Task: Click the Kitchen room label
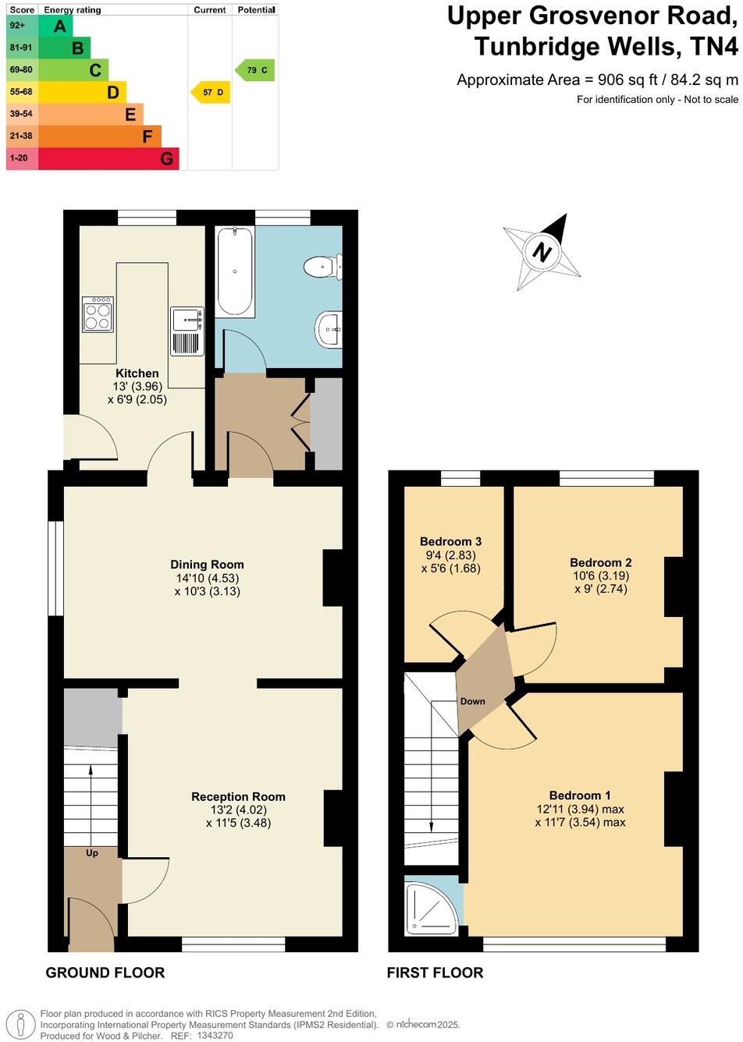(137, 374)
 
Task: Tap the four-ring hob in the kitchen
(98, 314)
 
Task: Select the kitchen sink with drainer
(187, 331)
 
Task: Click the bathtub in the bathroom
(235, 271)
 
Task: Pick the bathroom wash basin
(329, 329)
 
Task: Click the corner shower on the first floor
(432, 906)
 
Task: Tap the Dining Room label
(207, 565)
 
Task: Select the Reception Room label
(238, 797)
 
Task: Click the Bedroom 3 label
(450, 542)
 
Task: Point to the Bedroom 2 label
(600, 563)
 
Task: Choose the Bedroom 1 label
(580, 796)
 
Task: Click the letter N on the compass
(542, 252)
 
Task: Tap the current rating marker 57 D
(212, 93)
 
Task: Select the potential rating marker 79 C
(255, 70)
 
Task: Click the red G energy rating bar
(108, 158)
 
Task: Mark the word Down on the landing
(472, 701)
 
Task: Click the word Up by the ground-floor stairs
(92, 853)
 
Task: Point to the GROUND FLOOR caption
(105, 973)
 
